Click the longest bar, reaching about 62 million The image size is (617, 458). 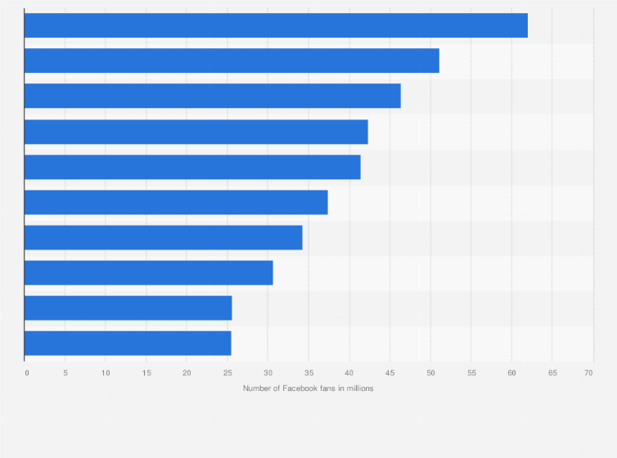click(x=276, y=25)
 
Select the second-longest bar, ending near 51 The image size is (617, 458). click(x=232, y=61)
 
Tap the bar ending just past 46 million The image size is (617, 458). click(x=213, y=96)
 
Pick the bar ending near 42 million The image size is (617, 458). click(x=196, y=132)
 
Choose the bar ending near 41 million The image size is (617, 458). click(x=192, y=167)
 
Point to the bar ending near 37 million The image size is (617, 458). click(x=176, y=202)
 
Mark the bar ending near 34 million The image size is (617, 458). click(x=164, y=237)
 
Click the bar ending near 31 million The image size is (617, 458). click(x=149, y=273)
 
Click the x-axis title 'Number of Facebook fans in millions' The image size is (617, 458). click(x=308, y=388)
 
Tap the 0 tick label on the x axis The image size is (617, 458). click(x=27, y=373)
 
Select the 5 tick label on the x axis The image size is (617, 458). click(x=65, y=373)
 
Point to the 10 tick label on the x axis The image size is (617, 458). click(x=106, y=373)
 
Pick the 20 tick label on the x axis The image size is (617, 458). click(x=187, y=373)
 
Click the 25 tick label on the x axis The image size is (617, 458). click(x=227, y=373)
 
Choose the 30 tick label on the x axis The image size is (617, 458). click(x=268, y=373)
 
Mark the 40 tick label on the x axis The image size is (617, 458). click(x=349, y=373)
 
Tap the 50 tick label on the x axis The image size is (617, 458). click(x=430, y=373)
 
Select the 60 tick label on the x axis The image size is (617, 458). click(x=511, y=373)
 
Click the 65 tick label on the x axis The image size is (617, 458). click(x=552, y=373)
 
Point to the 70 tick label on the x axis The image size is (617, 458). click(x=588, y=373)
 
